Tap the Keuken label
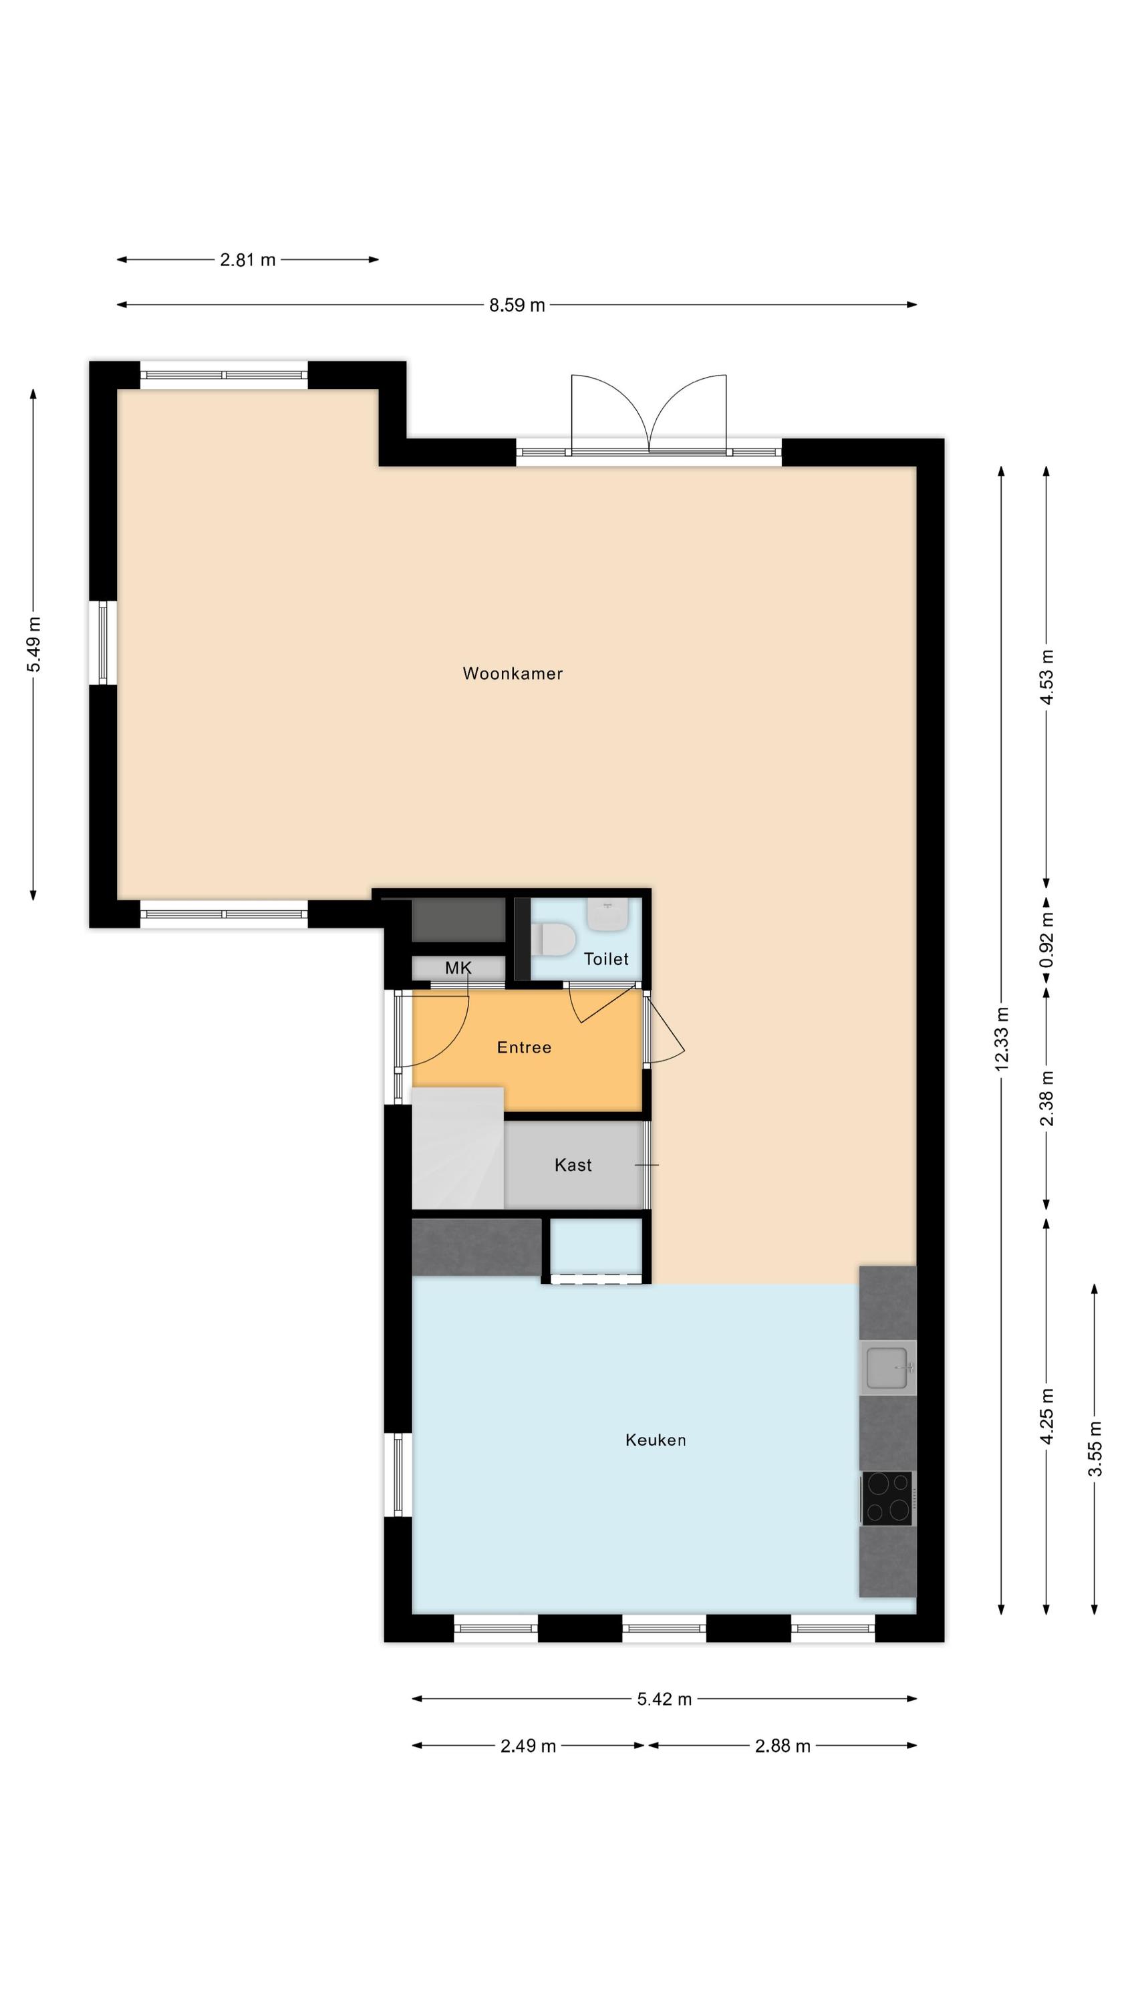pyautogui.click(x=656, y=1440)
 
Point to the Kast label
pyautogui.click(x=573, y=1164)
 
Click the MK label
pyautogui.click(x=458, y=968)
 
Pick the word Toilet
pyautogui.click(x=606, y=959)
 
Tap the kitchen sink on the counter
pyautogui.click(x=887, y=1368)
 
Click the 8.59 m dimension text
pyautogui.click(x=517, y=305)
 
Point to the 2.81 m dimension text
pyautogui.click(x=247, y=260)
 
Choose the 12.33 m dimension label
pyautogui.click(x=1002, y=1039)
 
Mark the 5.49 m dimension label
pyautogui.click(x=33, y=644)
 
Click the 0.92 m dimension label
pyautogui.click(x=1047, y=940)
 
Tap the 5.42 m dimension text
pyautogui.click(x=664, y=1699)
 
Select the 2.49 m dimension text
pyautogui.click(x=528, y=1746)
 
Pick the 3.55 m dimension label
pyautogui.click(x=1095, y=1448)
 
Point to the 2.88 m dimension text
pyautogui.click(x=783, y=1746)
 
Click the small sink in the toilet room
pyautogui.click(x=608, y=914)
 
